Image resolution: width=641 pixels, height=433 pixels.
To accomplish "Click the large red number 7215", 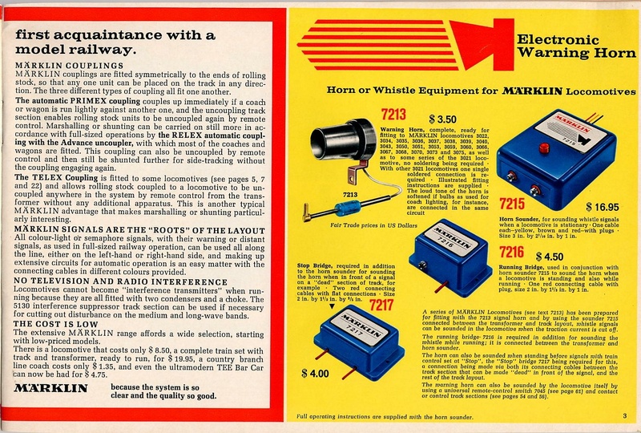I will (x=518, y=204).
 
